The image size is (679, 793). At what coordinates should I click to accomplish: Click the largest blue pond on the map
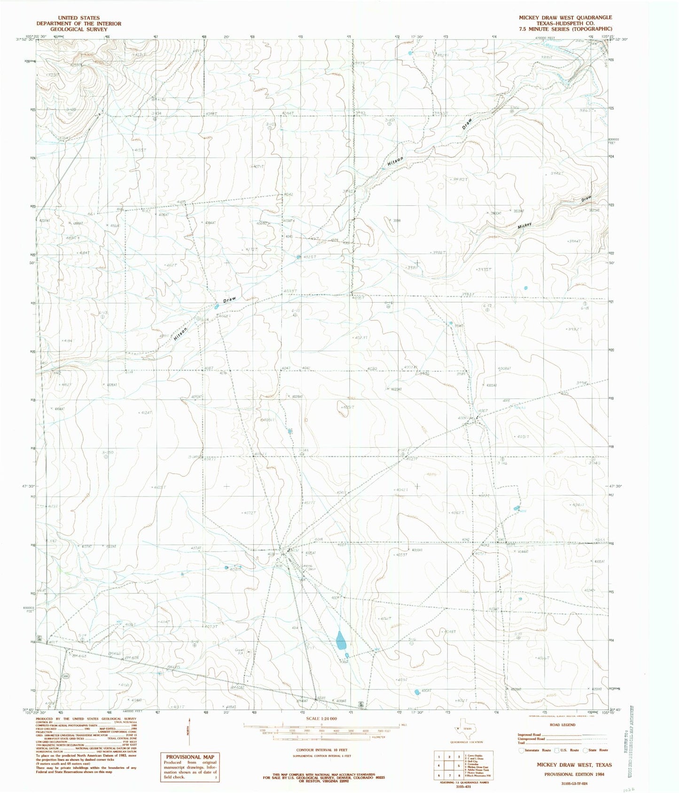pos(340,640)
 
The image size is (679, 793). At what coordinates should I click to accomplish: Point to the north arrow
pos(190,731)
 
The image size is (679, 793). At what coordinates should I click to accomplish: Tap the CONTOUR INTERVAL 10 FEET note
pos(321,751)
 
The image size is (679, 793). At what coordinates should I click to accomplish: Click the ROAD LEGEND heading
pos(562,725)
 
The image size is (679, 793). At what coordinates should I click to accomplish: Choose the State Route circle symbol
pos(585,750)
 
